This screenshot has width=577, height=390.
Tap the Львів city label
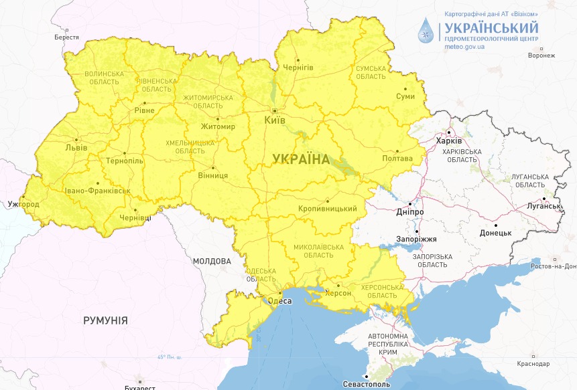point(75,147)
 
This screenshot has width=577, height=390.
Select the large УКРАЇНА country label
point(301,159)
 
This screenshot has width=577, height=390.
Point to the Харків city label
point(448,141)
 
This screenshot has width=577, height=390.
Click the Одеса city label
point(279,301)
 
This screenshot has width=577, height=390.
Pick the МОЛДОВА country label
point(211,261)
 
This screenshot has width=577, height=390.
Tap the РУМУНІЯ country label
point(105,320)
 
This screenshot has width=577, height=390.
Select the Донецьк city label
point(495,232)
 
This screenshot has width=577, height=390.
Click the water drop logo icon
point(426,30)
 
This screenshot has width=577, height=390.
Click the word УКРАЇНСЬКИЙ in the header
point(490,27)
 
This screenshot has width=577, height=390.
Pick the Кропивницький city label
point(328,209)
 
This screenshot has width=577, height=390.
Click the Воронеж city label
point(541,56)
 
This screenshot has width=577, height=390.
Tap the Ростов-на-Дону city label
point(552,266)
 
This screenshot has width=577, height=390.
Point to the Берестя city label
point(67,37)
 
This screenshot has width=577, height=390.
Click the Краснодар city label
point(533,364)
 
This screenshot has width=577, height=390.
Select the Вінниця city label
point(214,175)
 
